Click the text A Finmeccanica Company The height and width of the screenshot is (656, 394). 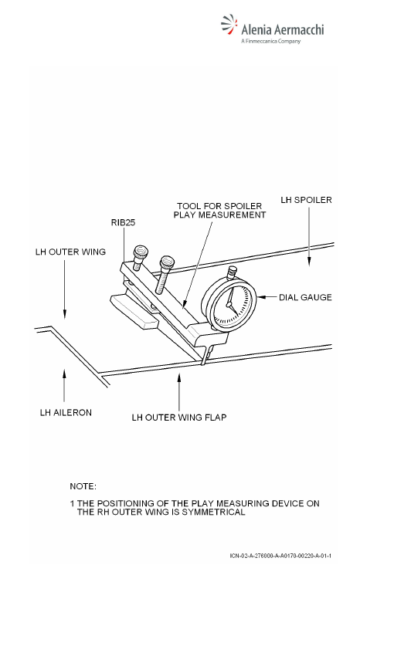point(271,41)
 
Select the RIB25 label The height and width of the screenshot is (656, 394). point(123,222)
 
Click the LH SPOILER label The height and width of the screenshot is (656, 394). point(306,200)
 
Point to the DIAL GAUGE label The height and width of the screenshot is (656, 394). point(305,297)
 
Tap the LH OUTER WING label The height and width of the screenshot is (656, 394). point(70,252)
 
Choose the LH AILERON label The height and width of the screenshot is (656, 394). point(66,413)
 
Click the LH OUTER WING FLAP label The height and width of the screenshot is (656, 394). point(179,418)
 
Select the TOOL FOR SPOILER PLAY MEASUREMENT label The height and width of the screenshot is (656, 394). point(220,211)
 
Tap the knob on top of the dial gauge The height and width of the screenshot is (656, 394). point(230,274)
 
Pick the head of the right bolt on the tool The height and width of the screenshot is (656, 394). point(167,262)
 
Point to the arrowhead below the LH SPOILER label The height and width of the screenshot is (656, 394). point(310,261)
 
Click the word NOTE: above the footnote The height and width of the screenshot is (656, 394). point(83,486)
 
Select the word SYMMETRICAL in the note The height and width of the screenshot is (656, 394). point(213,512)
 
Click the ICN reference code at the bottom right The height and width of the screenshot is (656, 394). point(280,556)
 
